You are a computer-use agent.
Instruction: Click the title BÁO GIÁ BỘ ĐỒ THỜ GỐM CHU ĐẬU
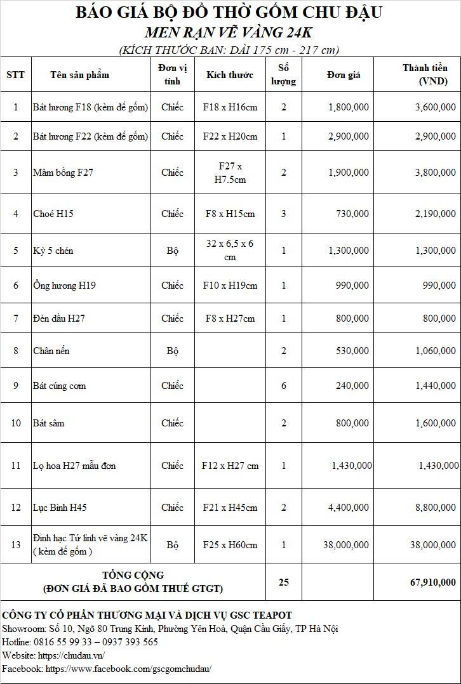tap(229, 12)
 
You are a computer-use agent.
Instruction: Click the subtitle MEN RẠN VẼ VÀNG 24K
tap(229, 32)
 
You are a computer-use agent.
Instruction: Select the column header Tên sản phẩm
tap(79, 75)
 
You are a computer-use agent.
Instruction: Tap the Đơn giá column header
tap(344, 75)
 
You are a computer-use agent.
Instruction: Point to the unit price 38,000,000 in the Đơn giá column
tap(345, 544)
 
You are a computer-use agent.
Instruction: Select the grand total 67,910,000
tap(432, 582)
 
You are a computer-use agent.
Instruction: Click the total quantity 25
tap(284, 582)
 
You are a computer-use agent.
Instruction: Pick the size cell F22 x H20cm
tap(230, 136)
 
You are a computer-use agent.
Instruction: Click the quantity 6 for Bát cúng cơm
tap(284, 386)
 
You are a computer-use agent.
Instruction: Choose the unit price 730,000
tap(352, 214)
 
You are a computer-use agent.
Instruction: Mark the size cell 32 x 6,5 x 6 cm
tap(230, 251)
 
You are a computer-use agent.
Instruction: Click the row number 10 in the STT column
tap(16, 423)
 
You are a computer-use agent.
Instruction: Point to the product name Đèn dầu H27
tap(58, 319)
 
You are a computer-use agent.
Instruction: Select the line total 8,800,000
tap(435, 508)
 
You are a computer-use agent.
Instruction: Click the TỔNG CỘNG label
tap(133, 575)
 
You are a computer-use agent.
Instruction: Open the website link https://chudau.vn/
tap(71, 655)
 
